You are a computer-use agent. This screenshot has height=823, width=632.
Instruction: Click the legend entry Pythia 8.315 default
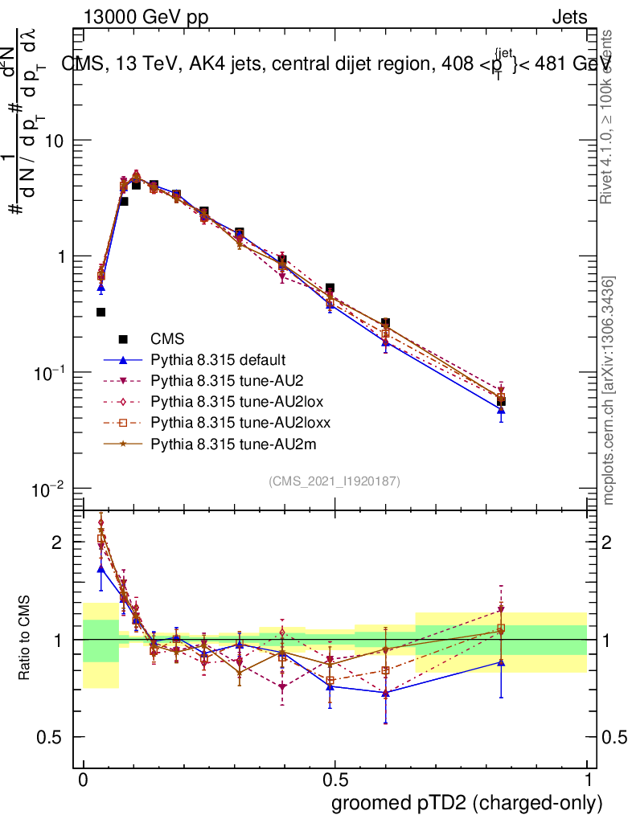[218, 360]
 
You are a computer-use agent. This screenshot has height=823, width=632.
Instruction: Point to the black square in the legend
[124, 339]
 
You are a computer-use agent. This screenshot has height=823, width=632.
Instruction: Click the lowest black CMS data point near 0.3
[101, 312]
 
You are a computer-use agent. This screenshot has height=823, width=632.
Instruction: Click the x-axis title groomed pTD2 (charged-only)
[466, 802]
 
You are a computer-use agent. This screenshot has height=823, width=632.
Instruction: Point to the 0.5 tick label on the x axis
[334, 780]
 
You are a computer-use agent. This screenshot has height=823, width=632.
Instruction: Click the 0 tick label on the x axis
[84, 780]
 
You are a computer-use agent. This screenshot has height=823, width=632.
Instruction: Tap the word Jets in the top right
[568, 17]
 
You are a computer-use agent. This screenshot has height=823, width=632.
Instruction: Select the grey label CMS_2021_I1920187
[334, 481]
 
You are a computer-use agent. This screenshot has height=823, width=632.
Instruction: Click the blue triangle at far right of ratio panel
[501, 662]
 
